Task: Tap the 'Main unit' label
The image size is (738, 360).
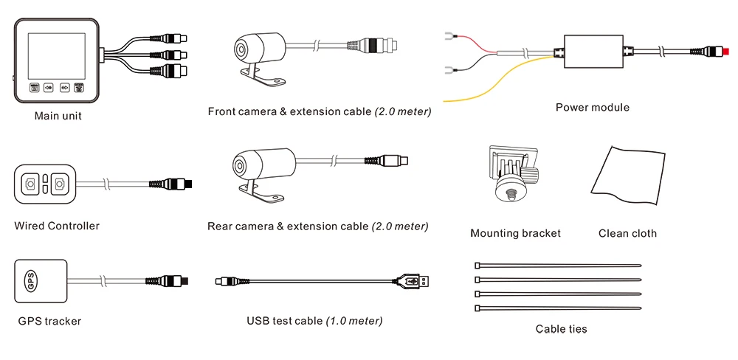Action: pyautogui.click(x=58, y=116)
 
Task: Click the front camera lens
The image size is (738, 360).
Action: pyautogui.click(x=242, y=49)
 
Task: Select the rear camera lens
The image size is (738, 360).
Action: pyautogui.click(x=240, y=164)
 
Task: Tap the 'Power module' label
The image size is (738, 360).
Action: pyautogui.click(x=592, y=108)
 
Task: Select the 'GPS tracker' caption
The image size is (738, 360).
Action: pyautogui.click(x=49, y=321)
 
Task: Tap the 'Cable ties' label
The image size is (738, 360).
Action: pyautogui.click(x=562, y=329)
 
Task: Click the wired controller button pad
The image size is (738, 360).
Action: pyautogui.click(x=44, y=183)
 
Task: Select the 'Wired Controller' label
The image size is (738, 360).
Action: pyautogui.click(x=57, y=226)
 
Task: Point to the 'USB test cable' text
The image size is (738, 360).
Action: pyautogui.click(x=285, y=321)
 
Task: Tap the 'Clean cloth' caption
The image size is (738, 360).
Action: pyautogui.click(x=627, y=233)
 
